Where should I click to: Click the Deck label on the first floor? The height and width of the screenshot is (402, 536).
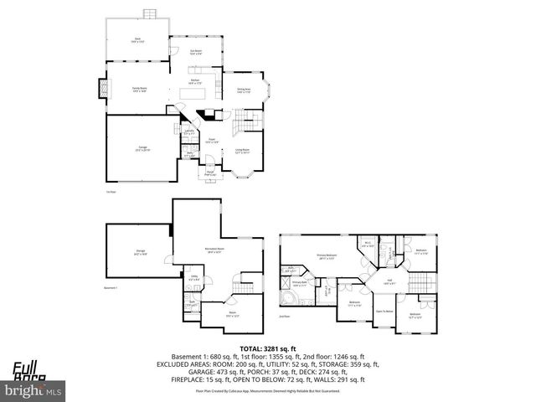pyautogui.click(x=137, y=39)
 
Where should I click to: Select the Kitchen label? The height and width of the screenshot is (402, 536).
pyautogui.click(x=194, y=82)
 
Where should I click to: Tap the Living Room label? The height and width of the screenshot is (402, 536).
pyautogui.click(x=244, y=152)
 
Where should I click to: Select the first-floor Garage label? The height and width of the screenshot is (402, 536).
pyautogui.click(x=142, y=148)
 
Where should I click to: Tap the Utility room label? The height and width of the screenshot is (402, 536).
pyautogui.click(x=193, y=279)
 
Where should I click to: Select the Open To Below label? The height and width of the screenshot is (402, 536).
pyautogui.click(x=384, y=311)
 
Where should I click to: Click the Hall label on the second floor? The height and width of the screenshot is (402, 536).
pyautogui.click(x=389, y=282)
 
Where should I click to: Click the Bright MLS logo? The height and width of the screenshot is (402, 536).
pyautogui.click(x=33, y=390)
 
